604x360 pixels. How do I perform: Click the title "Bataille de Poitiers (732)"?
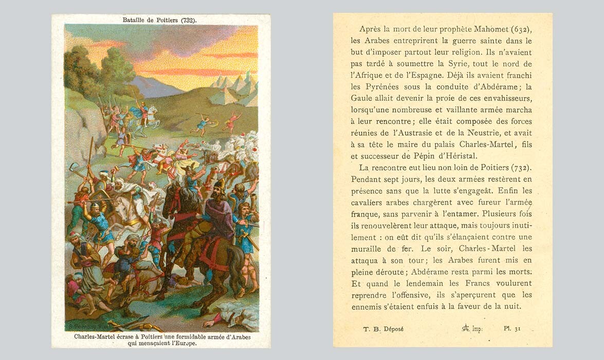coord(159,20)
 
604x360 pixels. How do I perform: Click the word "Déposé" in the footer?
coord(394,329)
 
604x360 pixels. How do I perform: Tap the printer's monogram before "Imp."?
coord(466,328)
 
